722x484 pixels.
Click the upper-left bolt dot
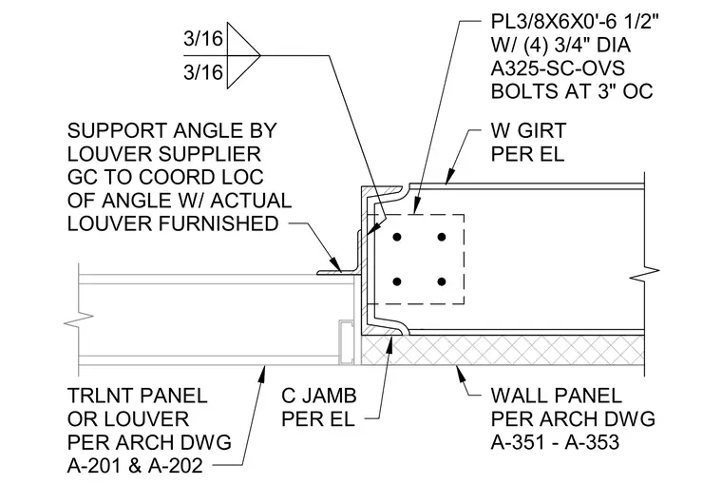[x=397, y=238]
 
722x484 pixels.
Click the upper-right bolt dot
[x=442, y=238]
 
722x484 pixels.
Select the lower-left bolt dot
[x=397, y=281]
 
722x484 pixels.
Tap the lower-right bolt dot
[x=442, y=281]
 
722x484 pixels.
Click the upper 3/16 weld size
[x=203, y=39]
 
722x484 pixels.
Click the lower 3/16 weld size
[x=203, y=72]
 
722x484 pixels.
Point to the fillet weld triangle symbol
[x=243, y=56]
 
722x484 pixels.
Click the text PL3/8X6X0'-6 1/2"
[x=575, y=22]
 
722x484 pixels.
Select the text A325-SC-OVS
[x=558, y=68]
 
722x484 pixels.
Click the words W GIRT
[x=528, y=130]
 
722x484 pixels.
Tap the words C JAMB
[x=319, y=396]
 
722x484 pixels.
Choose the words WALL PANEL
[x=557, y=396]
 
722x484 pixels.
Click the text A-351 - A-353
[x=555, y=442]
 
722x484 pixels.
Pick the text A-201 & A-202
[x=135, y=466]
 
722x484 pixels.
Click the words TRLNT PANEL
[x=137, y=396]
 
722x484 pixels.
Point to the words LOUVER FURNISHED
[x=173, y=223]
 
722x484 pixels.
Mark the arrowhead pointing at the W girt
[x=451, y=178]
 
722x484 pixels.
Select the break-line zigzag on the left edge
[x=79, y=319]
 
